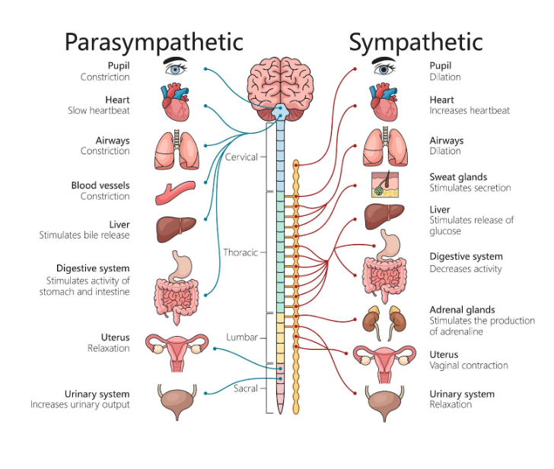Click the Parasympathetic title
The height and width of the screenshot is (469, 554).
[x=154, y=41]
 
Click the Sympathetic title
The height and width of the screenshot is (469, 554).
[x=415, y=41]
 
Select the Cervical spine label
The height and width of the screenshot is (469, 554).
[x=242, y=157]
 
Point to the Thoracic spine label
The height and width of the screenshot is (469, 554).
[x=240, y=252]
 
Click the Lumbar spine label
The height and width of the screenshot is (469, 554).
[x=242, y=337]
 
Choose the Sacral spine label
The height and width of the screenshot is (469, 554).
[x=245, y=388]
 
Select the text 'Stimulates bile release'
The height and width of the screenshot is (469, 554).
[x=84, y=236]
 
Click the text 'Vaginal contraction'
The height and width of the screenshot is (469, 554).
[x=468, y=366]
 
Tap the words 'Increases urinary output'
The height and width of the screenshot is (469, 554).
[x=80, y=405]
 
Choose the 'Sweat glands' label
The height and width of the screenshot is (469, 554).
[x=458, y=177]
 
